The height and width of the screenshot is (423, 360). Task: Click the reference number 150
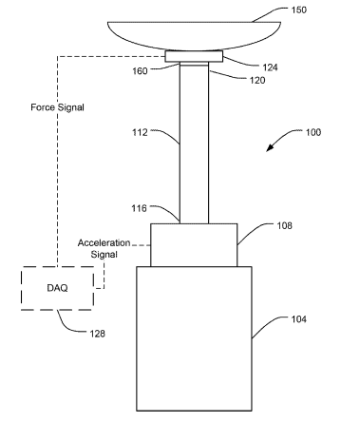click(x=299, y=10)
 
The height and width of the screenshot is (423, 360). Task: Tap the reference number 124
click(x=270, y=67)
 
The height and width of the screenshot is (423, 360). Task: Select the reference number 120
click(x=257, y=80)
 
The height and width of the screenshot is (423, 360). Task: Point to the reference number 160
click(x=140, y=71)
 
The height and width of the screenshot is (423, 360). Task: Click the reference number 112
click(x=140, y=132)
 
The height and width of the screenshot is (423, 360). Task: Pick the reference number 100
click(x=313, y=132)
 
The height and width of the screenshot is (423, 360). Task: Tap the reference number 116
click(x=140, y=208)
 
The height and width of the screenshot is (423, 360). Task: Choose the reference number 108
click(x=284, y=225)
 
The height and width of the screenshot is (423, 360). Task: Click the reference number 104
click(x=299, y=319)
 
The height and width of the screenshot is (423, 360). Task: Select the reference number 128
click(x=98, y=334)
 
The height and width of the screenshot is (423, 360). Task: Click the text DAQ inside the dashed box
click(x=57, y=288)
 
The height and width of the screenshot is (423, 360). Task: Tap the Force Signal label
click(x=57, y=107)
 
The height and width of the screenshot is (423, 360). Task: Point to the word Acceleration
click(x=104, y=243)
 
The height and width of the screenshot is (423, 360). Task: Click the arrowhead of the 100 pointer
click(x=269, y=148)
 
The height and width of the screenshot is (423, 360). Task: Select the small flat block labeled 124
click(x=194, y=57)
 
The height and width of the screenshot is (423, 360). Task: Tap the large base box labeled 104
click(x=194, y=338)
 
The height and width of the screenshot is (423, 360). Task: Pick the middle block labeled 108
click(x=194, y=245)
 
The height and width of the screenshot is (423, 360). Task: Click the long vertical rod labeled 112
click(x=194, y=143)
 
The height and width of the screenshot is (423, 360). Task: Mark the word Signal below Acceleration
click(x=104, y=255)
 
